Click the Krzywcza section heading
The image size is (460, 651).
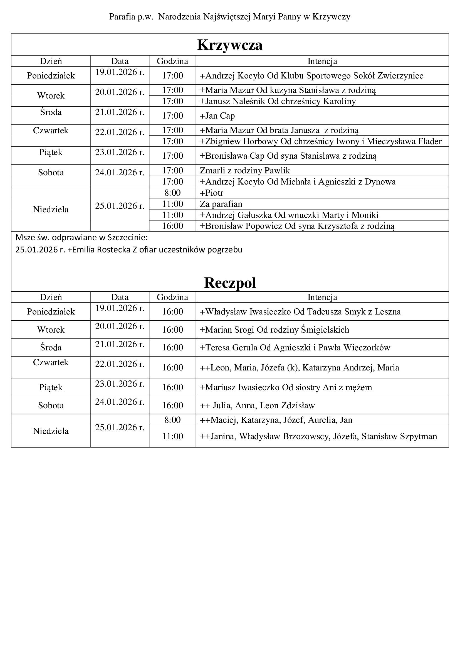[230, 45]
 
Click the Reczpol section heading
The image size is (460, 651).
[230, 283]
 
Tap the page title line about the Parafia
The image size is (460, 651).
[230, 17]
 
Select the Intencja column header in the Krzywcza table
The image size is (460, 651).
[322, 61]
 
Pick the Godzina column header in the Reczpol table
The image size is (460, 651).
[172, 297]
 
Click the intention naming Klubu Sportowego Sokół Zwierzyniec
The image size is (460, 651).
[311, 76]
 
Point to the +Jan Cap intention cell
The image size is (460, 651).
[217, 116]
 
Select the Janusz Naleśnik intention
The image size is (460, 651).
[278, 101]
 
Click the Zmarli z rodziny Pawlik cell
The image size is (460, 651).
[245, 170]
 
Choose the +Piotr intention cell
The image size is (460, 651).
[212, 193]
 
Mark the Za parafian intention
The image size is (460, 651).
[221, 204]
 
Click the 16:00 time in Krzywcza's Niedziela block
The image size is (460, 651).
[172, 226]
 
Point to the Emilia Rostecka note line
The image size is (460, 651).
[129, 250]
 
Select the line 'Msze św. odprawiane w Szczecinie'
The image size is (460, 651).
[81, 237]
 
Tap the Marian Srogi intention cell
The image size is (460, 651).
[274, 330]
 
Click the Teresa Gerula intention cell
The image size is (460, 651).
[295, 347]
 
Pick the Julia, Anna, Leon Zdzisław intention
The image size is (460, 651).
[257, 406]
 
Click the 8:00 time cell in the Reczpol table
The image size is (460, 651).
[172, 420]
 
